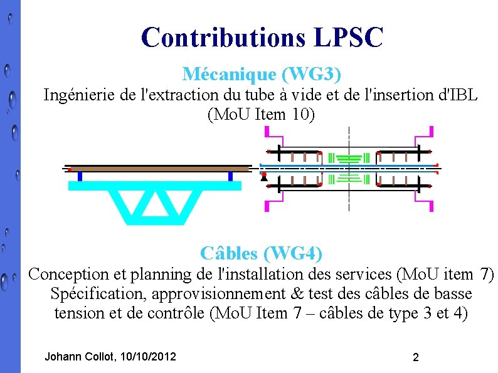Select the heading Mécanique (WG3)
262,74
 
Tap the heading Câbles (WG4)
262,253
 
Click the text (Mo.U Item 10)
262,115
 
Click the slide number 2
415,357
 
